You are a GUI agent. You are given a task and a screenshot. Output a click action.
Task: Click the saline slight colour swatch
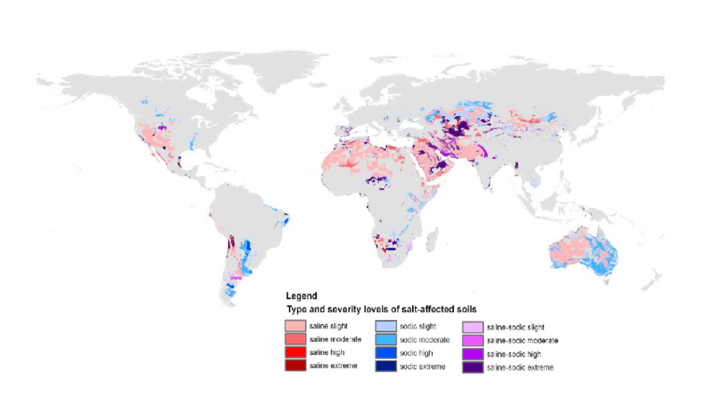(x=295, y=326)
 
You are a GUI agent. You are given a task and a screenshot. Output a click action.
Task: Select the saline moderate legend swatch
(x=295, y=339)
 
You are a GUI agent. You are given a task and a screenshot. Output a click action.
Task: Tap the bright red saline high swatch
(x=295, y=352)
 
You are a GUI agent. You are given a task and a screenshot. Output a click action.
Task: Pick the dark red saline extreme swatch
(x=295, y=365)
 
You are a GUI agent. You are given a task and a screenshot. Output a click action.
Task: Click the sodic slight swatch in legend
(x=386, y=326)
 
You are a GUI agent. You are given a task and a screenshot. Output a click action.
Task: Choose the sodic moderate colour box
(x=386, y=340)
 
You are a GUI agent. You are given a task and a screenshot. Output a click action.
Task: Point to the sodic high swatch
(x=386, y=353)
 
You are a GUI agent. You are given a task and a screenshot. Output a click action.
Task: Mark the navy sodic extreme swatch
(x=386, y=366)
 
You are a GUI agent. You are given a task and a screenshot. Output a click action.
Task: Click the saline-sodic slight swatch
(x=473, y=327)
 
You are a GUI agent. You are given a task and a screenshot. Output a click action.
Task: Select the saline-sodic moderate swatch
(x=473, y=340)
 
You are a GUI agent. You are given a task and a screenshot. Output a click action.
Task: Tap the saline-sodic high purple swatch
(x=473, y=354)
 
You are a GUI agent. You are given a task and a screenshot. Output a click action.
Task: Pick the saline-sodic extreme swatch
(x=473, y=367)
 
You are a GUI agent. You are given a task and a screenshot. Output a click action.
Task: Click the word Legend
(x=301, y=296)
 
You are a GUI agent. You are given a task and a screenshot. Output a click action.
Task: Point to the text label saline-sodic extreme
(x=520, y=367)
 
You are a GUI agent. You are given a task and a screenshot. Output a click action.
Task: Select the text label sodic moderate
(x=425, y=340)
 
